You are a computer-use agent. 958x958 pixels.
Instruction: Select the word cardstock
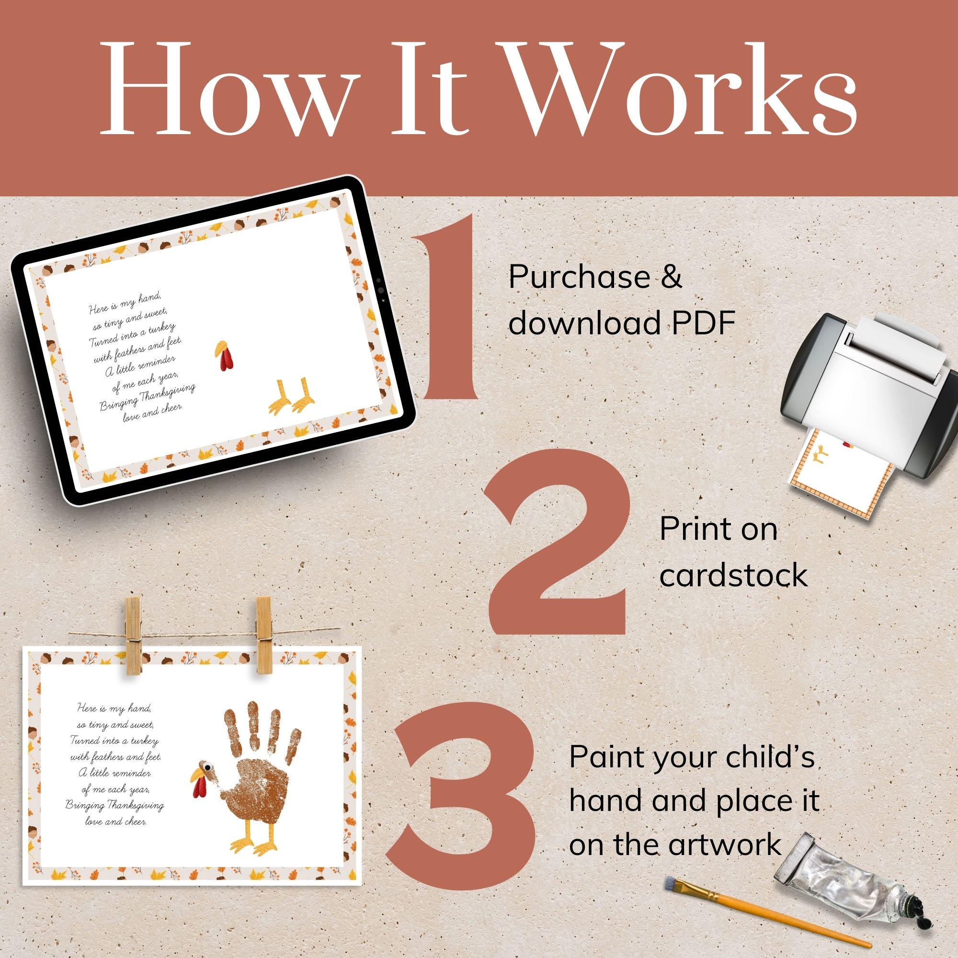[x=733, y=576]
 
